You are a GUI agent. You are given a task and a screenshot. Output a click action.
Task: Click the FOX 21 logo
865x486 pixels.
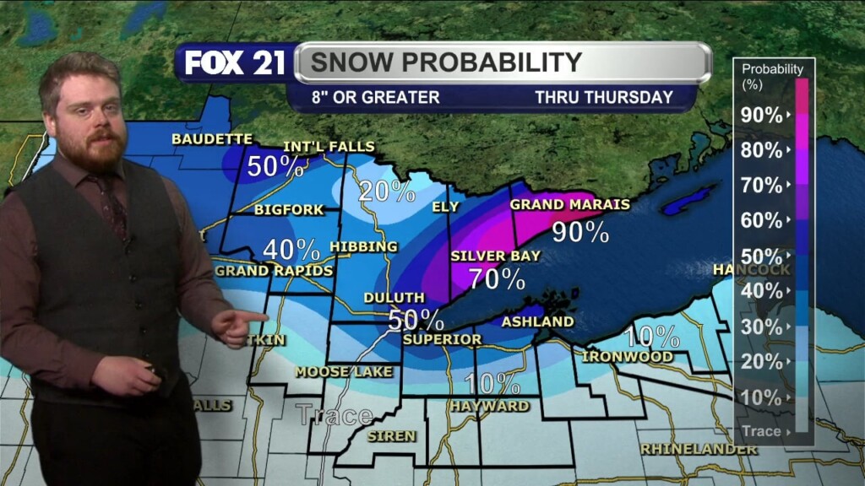[x=235, y=63]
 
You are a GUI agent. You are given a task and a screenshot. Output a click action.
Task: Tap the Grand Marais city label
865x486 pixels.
[x=558, y=204]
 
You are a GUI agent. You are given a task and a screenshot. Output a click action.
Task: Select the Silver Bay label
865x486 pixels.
[x=495, y=256]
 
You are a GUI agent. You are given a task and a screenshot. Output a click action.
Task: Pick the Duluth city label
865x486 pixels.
[x=394, y=298]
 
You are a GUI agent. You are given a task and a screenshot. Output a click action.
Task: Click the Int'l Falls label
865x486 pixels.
[x=328, y=147]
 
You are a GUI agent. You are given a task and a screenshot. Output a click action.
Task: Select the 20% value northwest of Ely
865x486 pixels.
[x=386, y=192]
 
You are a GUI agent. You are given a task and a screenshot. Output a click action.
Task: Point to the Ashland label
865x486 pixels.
[x=537, y=321]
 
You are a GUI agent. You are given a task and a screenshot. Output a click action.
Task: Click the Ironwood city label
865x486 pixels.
[x=627, y=357]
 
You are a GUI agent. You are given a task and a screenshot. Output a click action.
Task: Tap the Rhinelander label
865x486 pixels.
[x=698, y=449]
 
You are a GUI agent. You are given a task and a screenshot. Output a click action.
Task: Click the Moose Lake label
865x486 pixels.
[x=344, y=371]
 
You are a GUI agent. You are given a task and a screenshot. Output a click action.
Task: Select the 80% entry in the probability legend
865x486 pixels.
[x=763, y=150]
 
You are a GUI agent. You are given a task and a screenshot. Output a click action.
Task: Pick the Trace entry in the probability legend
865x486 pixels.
[x=763, y=431]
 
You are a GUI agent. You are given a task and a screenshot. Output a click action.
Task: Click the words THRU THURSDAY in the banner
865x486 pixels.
[x=603, y=97]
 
